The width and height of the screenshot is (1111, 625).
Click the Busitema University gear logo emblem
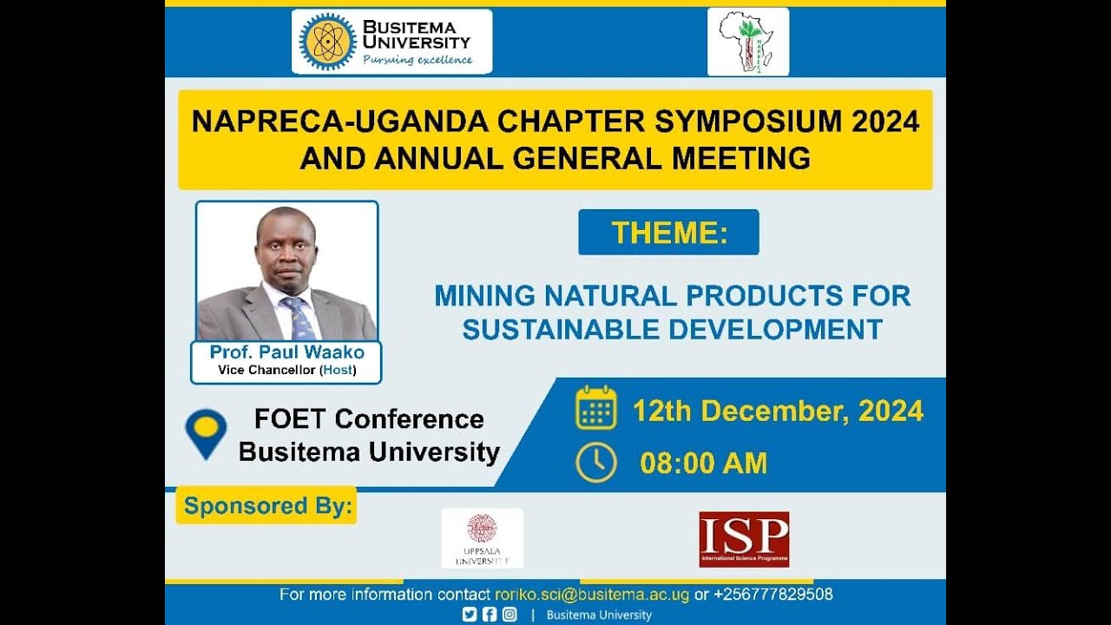[327, 42]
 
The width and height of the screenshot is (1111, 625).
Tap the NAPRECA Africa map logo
[747, 42]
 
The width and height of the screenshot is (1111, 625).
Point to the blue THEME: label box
[668, 233]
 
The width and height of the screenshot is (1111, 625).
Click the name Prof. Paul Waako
[286, 352]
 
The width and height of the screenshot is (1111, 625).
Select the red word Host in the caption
[338, 371]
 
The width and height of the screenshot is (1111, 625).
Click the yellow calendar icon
[595, 409]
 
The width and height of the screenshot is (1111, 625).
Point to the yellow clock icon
[595, 463]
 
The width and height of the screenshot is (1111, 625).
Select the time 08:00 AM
[703, 464]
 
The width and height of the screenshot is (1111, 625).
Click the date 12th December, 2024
[778, 411]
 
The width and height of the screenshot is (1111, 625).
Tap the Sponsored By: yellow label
[266, 506]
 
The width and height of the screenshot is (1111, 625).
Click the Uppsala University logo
[482, 538]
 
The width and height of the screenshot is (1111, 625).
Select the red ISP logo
[744, 538]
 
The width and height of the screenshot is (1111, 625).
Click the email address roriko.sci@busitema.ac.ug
[592, 595]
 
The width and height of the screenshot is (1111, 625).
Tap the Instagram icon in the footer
[509, 615]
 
